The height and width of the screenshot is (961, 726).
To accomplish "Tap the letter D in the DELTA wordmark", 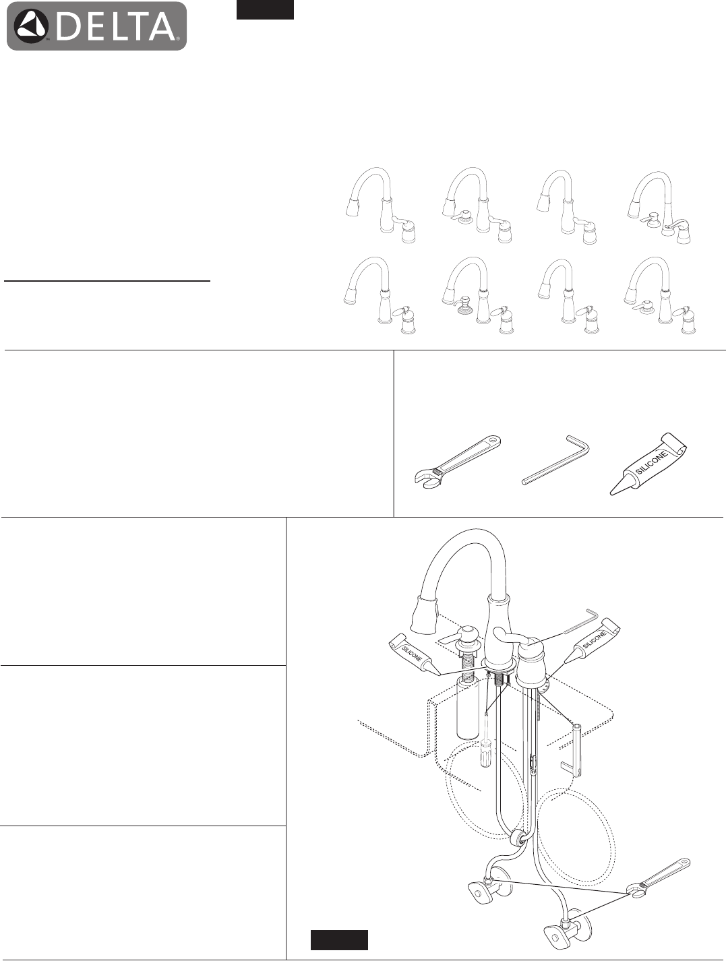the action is click(x=67, y=26).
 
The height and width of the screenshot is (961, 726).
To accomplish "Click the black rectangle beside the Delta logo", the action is click(x=265, y=9).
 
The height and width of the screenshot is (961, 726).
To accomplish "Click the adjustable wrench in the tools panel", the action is click(x=458, y=460).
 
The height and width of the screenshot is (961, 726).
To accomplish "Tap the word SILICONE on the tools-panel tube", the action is click(x=653, y=463).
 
